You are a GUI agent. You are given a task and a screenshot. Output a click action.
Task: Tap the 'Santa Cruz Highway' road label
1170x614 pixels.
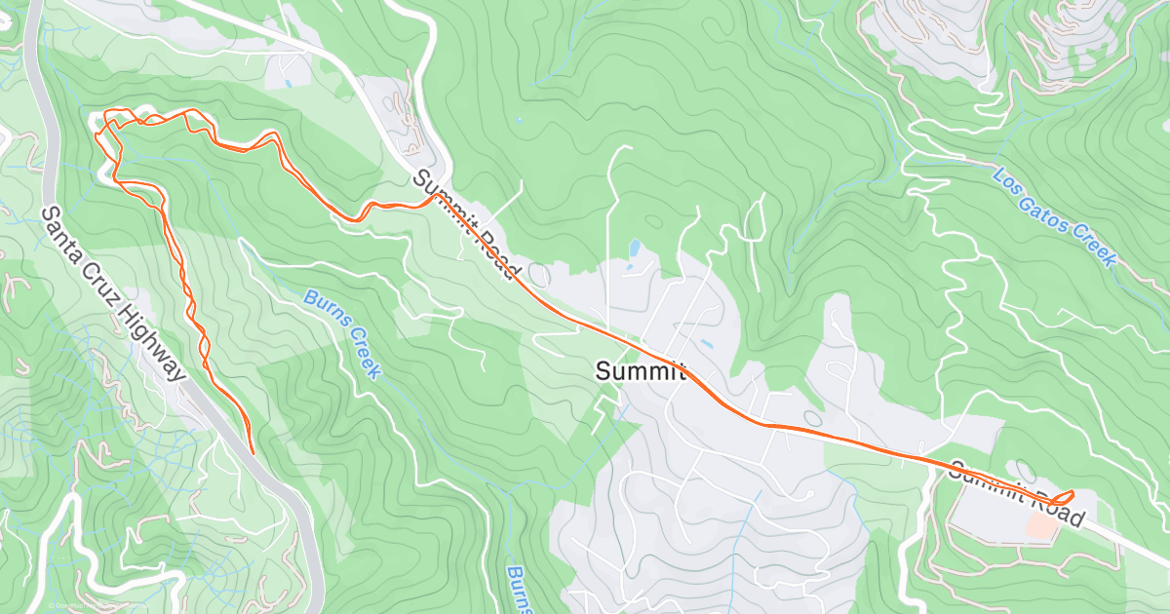pyautogui.click(x=113, y=293)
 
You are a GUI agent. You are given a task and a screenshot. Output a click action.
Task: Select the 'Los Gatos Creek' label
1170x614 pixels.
pyautogui.click(x=1053, y=216)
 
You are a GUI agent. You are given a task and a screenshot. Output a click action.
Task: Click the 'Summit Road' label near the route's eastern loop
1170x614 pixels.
pyautogui.click(x=1017, y=494)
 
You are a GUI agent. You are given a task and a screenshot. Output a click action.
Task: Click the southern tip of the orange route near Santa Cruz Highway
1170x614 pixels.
pyautogui.click(x=252, y=452)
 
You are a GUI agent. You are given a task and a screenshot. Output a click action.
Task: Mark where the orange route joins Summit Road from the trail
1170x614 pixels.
pyautogui.click(x=435, y=199)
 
